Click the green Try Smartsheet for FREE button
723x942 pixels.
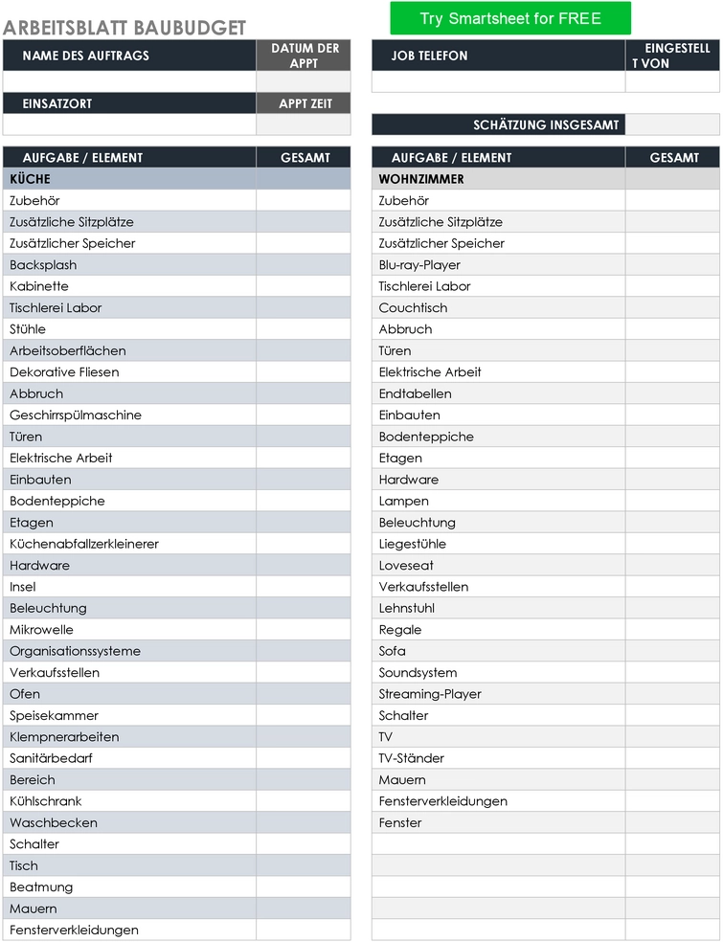[x=510, y=18]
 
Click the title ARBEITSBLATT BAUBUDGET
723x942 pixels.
[x=124, y=29]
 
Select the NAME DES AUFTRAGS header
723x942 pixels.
[x=86, y=56]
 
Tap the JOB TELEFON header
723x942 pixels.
[x=430, y=56]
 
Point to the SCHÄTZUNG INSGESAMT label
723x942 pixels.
[x=546, y=125]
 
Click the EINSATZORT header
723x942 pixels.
[x=57, y=103]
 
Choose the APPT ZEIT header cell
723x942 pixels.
[x=305, y=103]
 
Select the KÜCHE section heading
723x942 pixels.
[x=31, y=179]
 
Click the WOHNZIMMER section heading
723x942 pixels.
[x=421, y=179]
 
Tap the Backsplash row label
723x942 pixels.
[x=43, y=265]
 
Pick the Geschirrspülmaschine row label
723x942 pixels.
[x=76, y=415]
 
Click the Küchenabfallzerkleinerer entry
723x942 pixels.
[x=84, y=544]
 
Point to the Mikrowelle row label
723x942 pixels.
[x=41, y=630]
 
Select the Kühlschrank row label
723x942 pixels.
[x=46, y=801]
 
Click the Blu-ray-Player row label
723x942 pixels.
[x=419, y=265]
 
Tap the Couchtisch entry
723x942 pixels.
[x=413, y=308]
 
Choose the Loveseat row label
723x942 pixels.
[x=406, y=566]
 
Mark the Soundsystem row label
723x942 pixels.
[x=418, y=673]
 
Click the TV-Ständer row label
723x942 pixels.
[x=412, y=758]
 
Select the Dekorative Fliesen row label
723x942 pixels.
[x=64, y=372]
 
